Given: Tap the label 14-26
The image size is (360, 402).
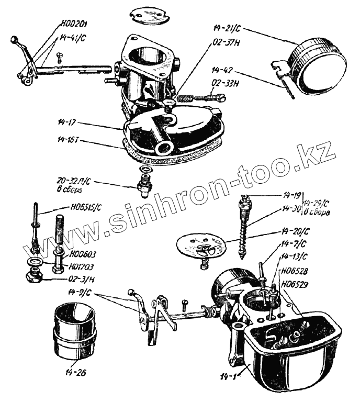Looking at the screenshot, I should pos(76,373).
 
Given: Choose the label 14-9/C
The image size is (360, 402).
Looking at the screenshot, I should pos(80,292).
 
